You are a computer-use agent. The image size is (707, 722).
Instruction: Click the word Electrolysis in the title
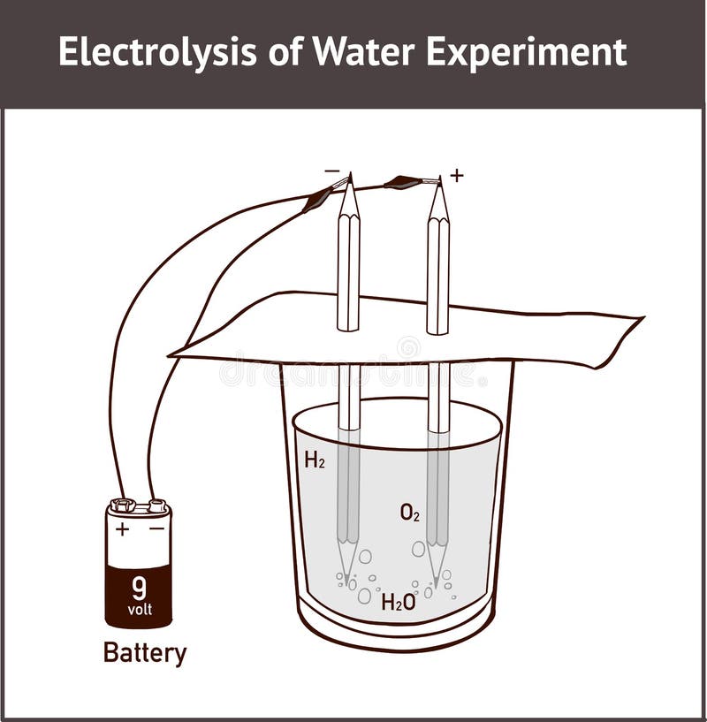point(157,53)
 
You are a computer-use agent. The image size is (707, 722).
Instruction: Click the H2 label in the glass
point(315,460)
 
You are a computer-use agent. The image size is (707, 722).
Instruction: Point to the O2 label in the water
point(410,513)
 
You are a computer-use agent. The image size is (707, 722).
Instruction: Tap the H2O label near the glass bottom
point(399,602)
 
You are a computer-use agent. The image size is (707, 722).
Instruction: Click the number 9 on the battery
point(139,587)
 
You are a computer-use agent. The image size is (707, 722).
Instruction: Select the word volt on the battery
point(140,609)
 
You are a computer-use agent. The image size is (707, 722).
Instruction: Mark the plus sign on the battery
point(122,529)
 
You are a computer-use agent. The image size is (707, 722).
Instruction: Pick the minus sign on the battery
point(156,528)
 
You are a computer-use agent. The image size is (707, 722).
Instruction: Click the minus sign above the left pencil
point(331,171)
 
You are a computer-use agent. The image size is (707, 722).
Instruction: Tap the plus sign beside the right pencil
point(456,176)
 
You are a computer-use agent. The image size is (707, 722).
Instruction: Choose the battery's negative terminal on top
point(157,505)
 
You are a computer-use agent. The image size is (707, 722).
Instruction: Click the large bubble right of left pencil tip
point(365,557)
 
